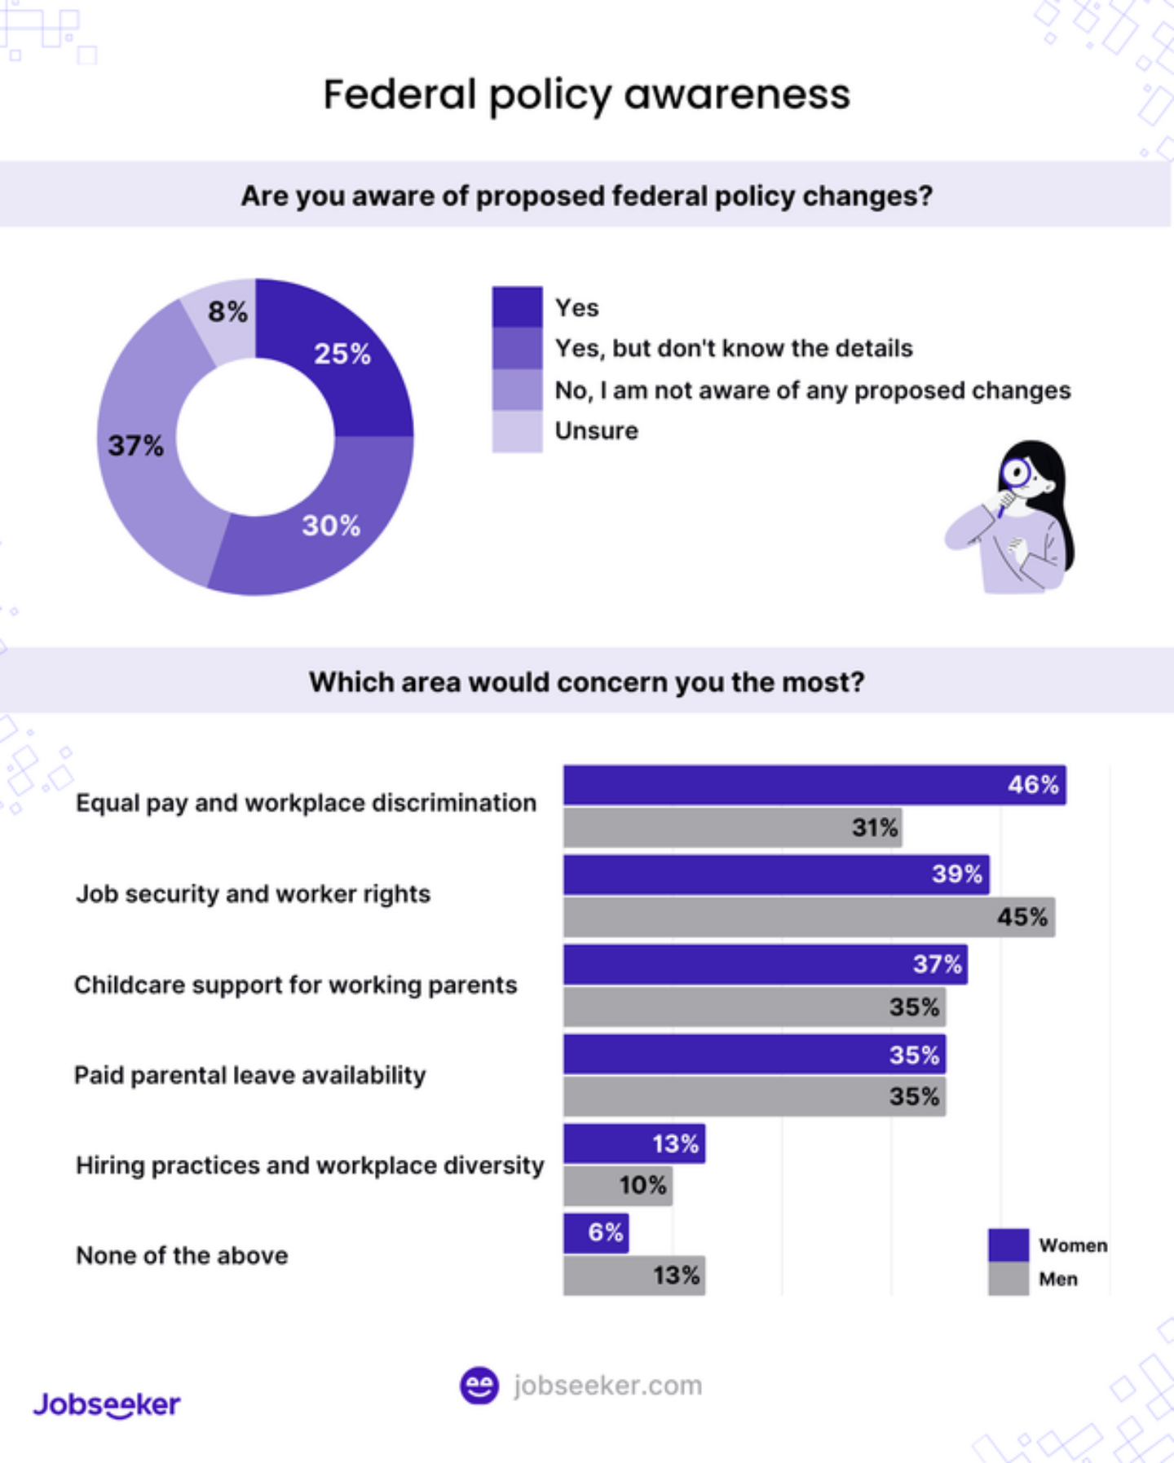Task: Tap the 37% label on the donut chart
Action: click(x=135, y=446)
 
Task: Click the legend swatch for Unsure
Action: click(x=517, y=431)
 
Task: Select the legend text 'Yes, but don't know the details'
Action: click(x=733, y=349)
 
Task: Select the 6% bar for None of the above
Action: click(x=595, y=1232)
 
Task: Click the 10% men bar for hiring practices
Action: click(x=617, y=1185)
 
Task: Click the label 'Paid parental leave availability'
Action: click(x=249, y=1075)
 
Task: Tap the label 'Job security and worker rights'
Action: click(x=253, y=894)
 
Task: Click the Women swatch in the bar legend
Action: click(x=1008, y=1245)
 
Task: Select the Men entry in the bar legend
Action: click(x=1057, y=1279)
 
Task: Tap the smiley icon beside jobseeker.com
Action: click(x=479, y=1386)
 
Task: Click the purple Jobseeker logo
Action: click(x=107, y=1404)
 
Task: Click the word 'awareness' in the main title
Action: click(x=737, y=95)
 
